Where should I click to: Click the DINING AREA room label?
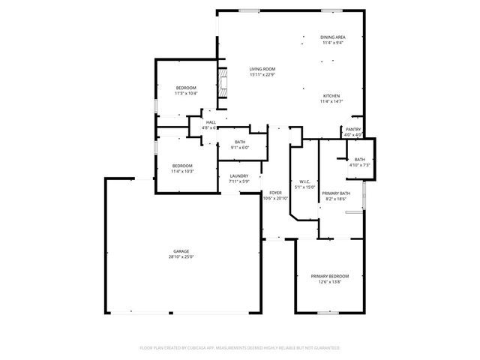(x=333, y=37)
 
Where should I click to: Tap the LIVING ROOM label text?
(x=262, y=69)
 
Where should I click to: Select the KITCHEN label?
(x=332, y=96)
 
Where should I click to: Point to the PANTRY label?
(x=353, y=129)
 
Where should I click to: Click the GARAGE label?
(x=181, y=251)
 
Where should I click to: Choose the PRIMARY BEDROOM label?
(x=330, y=276)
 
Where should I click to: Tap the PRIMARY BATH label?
(x=334, y=193)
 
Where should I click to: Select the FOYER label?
(x=275, y=193)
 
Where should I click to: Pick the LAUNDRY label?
(x=239, y=175)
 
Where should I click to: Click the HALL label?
(x=211, y=122)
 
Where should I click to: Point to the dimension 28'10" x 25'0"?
(x=181, y=257)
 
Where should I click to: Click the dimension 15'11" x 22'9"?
(x=262, y=74)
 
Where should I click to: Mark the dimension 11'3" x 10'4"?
(x=186, y=93)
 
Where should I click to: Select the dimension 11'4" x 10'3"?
(x=182, y=171)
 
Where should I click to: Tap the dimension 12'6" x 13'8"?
(x=330, y=282)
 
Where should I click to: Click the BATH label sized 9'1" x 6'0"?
(x=240, y=142)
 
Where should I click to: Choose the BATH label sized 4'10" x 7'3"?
(x=360, y=159)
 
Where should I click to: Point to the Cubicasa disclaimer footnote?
(x=240, y=348)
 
